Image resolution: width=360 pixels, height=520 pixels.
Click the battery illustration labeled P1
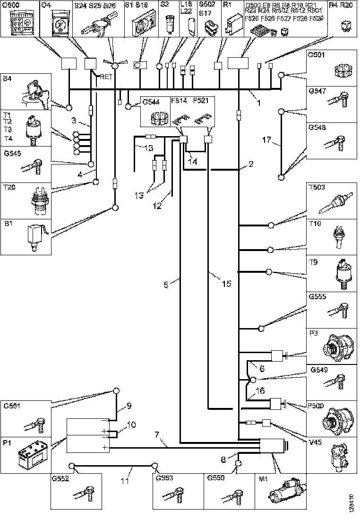click(x=31, y=457)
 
